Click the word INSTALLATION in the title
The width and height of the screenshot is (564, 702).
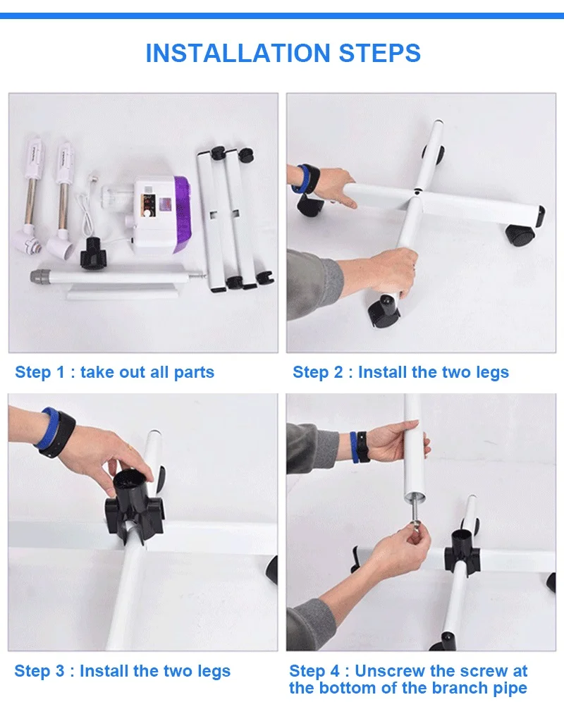238,53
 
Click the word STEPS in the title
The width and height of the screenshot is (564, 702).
380,53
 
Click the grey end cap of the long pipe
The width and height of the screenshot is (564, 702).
39,276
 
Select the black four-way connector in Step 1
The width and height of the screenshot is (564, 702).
94,254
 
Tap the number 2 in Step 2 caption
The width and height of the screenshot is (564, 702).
338,372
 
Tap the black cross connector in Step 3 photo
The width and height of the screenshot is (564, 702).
133,506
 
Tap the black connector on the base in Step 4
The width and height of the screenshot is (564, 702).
462,554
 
